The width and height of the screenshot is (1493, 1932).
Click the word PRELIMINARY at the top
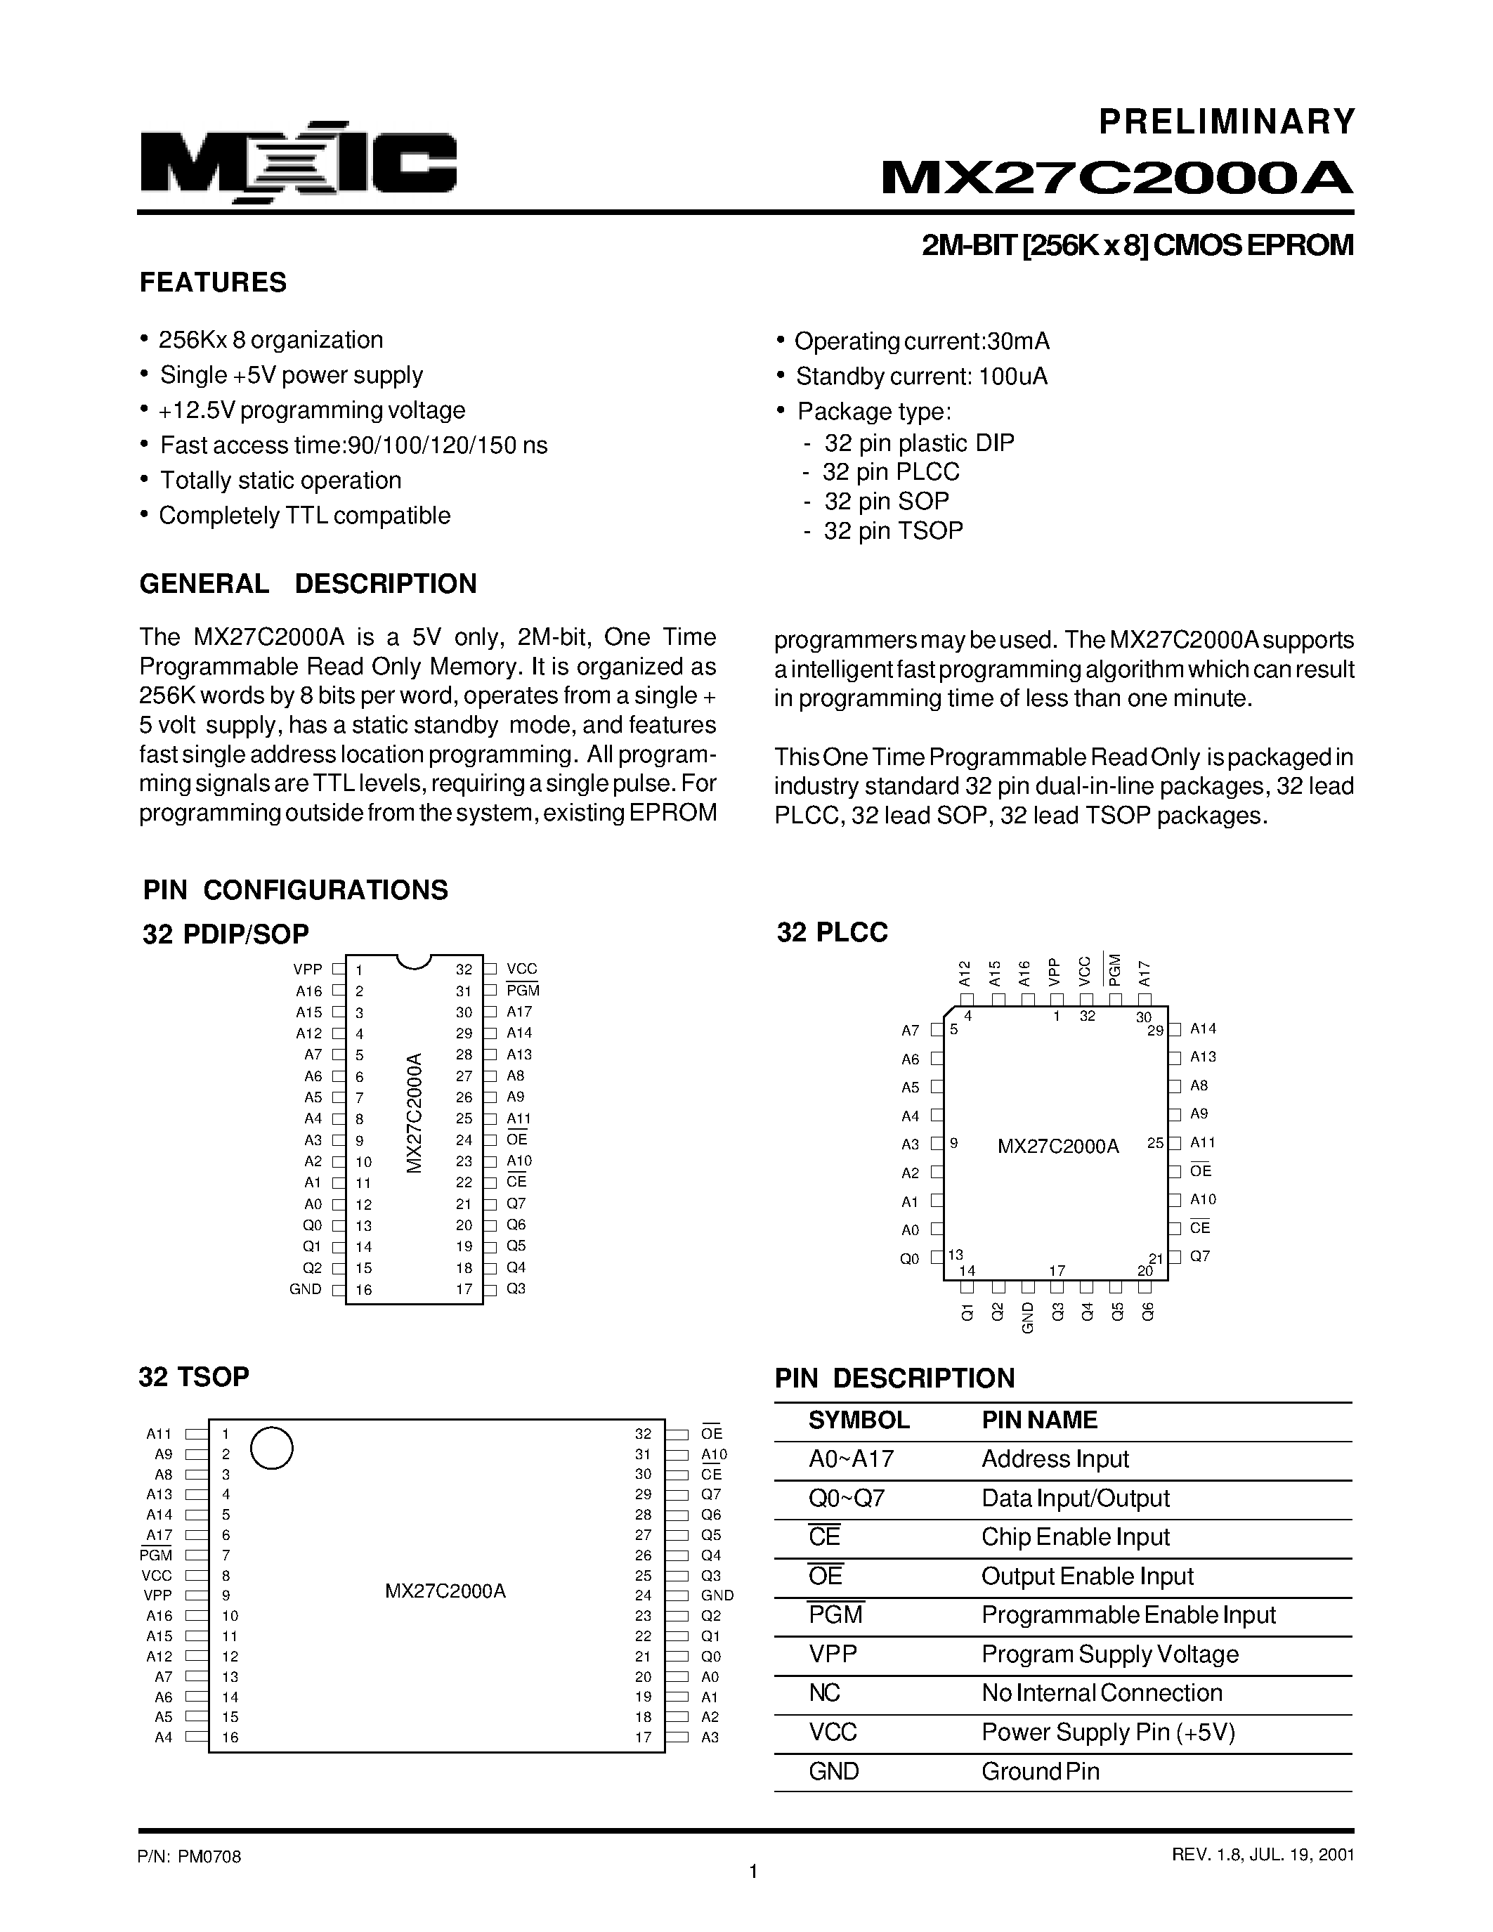coord(1227,122)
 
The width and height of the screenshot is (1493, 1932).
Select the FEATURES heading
coord(213,282)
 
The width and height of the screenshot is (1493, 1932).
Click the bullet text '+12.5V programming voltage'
coord(312,410)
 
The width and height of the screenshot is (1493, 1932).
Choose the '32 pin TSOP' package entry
coord(892,530)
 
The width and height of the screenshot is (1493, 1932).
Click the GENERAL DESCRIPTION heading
coord(308,584)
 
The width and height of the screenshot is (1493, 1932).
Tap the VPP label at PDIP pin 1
coord(308,970)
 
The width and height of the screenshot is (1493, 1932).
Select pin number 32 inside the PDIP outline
coord(464,970)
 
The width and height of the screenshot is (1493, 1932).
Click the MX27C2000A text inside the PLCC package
coord(1058,1147)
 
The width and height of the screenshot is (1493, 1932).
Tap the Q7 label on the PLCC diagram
coord(1199,1256)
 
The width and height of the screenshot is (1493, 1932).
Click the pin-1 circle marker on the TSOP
coord(271,1448)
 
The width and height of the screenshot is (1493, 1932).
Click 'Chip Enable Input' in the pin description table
coord(1075,1537)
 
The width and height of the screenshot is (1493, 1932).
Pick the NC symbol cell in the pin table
coord(823,1693)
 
